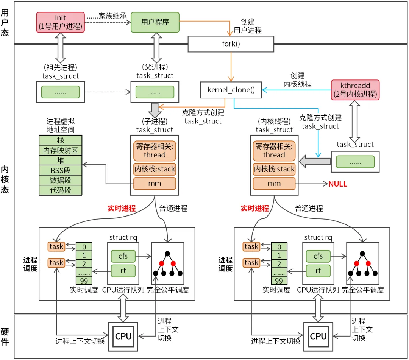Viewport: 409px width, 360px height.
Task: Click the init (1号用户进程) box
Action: click(x=61, y=22)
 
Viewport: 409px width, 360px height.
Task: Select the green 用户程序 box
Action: click(x=155, y=22)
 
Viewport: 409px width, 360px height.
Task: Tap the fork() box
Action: click(x=231, y=44)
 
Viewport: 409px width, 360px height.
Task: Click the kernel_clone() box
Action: click(x=231, y=90)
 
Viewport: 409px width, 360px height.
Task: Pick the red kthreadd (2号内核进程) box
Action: click(x=354, y=90)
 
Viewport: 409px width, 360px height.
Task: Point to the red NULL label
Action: click(x=338, y=184)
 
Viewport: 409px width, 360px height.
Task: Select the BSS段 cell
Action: click(x=61, y=170)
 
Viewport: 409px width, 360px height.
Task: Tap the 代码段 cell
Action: click(x=61, y=190)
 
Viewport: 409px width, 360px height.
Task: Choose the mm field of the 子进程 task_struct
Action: click(x=155, y=184)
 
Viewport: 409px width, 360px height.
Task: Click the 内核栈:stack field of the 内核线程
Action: click(x=274, y=169)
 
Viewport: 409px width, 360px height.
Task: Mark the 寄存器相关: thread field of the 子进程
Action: click(x=155, y=151)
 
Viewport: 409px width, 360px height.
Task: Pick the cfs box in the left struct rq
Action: click(x=123, y=256)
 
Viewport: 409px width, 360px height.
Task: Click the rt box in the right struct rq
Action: click(x=318, y=271)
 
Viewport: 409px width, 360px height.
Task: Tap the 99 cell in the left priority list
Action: click(x=84, y=281)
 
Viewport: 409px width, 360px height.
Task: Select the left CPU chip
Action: click(x=123, y=336)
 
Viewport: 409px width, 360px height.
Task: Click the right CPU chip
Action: click(x=318, y=336)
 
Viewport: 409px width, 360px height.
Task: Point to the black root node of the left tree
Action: click(x=167, y=253)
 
